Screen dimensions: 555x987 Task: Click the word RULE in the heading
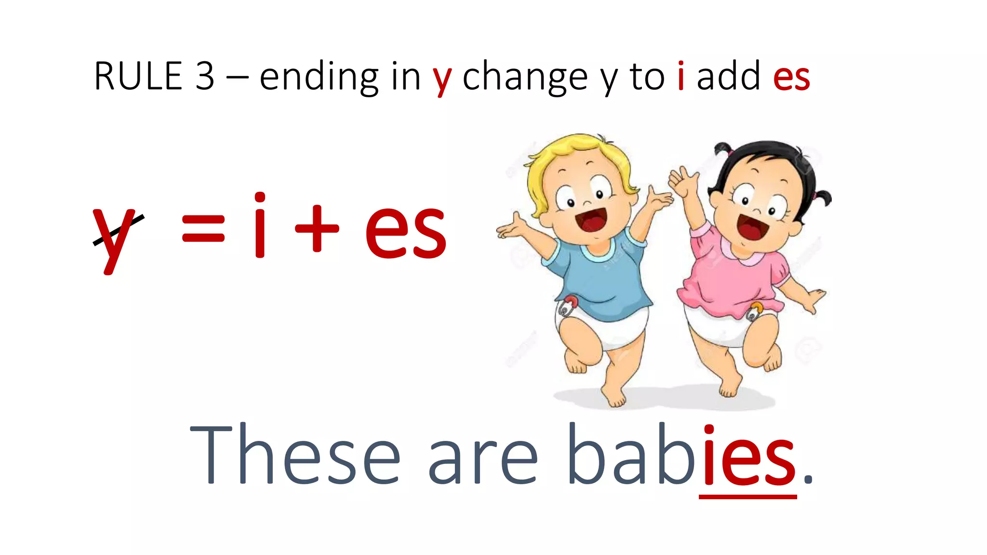point(138,76)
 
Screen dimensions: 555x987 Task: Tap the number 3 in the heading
point(205,76)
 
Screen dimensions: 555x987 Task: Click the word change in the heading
point(525,77)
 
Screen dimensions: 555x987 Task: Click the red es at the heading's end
point(791,77)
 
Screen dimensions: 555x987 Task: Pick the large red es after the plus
point(406,231)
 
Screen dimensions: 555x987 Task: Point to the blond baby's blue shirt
point(598,275)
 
